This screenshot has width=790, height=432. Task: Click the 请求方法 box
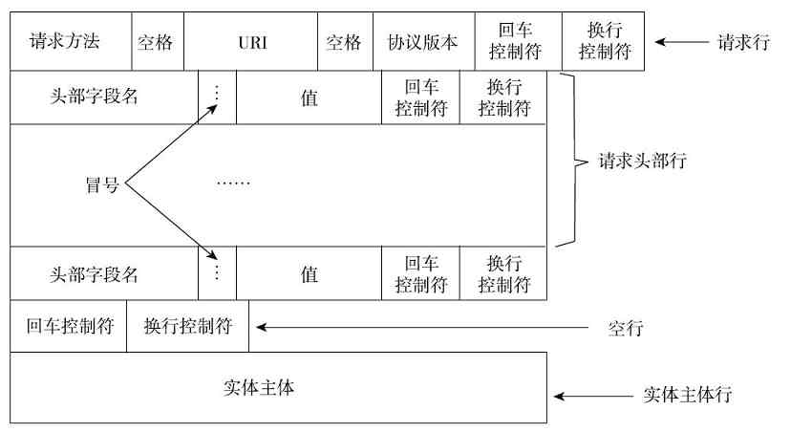[65, 43]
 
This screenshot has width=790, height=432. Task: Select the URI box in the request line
[249, 43]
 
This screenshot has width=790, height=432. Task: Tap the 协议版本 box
[422, 43]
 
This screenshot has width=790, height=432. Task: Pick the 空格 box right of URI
[344, 43]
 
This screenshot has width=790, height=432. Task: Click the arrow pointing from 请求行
[679, 42]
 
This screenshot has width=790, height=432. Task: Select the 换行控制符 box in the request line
[603, 43]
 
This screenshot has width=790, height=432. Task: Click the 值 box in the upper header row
[309, 97]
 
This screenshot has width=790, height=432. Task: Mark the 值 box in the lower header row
[309, 274]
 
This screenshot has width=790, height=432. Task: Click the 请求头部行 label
[641, 162]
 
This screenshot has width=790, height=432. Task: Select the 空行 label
[627, 329]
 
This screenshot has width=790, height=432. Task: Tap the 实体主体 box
[278, 387]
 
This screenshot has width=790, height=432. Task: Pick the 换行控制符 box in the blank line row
[187, 326]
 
